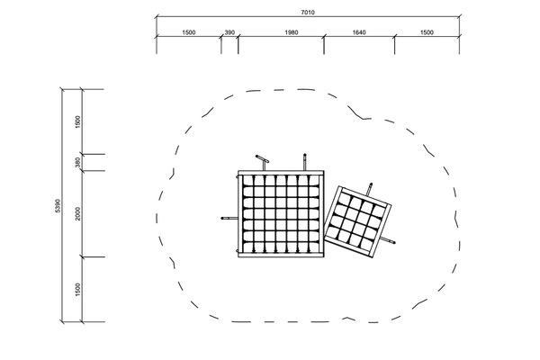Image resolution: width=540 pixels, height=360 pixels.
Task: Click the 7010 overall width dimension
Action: tap(308, 13)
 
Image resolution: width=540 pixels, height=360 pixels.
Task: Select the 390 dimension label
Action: tap(229, 32)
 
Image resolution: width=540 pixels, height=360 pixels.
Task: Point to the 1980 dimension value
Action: tap(292, 32)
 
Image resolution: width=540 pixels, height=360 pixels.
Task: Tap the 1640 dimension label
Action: tap(359, 32)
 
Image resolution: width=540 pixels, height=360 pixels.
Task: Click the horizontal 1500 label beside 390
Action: tap(188, 32)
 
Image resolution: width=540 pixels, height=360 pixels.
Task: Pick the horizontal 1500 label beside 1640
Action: tap(427, 32)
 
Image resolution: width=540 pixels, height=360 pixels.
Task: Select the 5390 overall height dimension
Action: tap(58, 206)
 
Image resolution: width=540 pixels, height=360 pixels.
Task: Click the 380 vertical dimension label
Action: tap(77, 163)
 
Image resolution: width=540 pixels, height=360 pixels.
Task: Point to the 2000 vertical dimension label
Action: tap(77, 213)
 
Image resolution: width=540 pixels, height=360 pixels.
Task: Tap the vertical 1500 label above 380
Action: tap(77, 122)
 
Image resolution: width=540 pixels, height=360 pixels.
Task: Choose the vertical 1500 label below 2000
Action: tap(77, 290)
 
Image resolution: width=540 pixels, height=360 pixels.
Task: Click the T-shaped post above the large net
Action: tap(263, 162)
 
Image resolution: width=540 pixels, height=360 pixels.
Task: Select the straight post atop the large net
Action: tap(304, 162)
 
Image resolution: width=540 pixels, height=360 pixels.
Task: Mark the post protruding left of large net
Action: tap(229, 218)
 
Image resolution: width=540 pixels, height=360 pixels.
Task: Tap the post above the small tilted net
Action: tap(370, 189)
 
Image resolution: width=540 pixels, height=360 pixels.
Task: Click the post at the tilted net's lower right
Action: tap(388, 240)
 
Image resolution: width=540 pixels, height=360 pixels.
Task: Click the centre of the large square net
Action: tap(282, 213)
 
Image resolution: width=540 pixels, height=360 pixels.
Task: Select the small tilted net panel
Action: tap(358, 222)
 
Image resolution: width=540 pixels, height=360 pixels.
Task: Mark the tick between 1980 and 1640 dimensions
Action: tap(324, 35)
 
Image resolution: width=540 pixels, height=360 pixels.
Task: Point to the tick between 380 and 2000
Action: tap(82, 170)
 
